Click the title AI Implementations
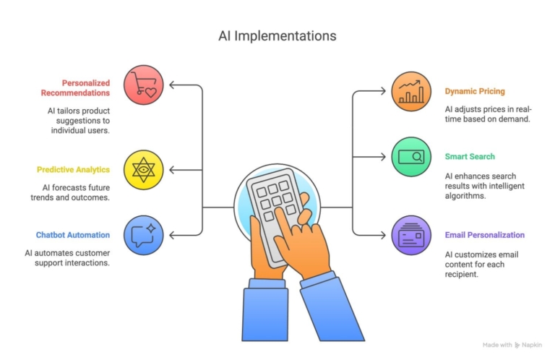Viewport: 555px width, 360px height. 277,35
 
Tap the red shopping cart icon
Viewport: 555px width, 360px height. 145,85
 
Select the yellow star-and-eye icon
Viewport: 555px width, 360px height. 145,170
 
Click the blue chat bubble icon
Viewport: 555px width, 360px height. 145,235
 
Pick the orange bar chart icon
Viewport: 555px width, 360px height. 411,92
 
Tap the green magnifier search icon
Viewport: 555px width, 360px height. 411,156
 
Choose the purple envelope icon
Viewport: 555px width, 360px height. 411,235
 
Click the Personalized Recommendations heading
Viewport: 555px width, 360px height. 75,87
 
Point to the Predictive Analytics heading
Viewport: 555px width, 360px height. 73,170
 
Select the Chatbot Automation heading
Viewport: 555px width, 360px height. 73,235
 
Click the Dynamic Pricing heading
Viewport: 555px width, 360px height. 475,92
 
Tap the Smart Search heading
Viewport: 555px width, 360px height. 470,156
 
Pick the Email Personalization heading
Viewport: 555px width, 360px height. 485,235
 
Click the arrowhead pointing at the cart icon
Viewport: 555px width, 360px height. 173,85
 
